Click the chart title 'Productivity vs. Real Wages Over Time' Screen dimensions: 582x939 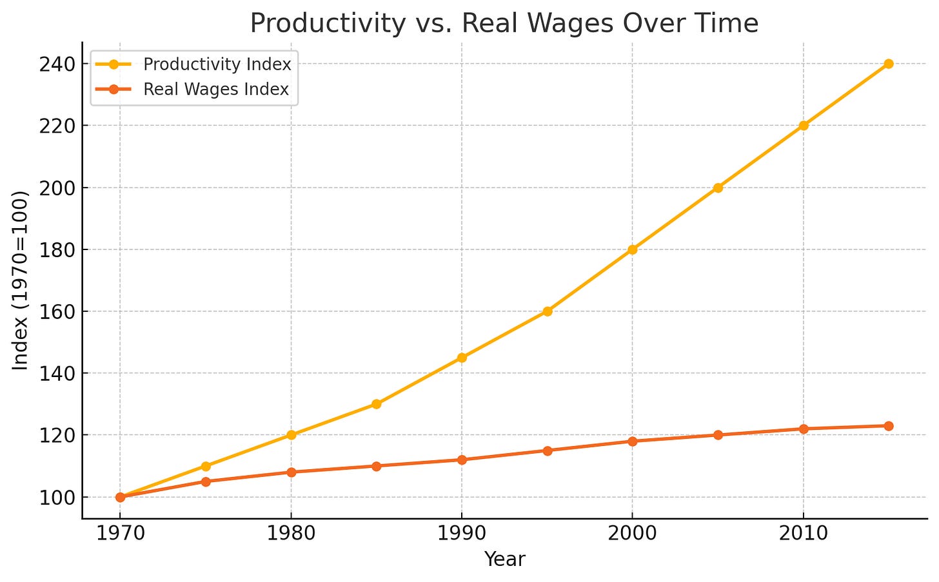pos(504,24)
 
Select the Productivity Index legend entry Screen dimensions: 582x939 pos(217,64)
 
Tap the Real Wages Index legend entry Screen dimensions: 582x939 pos(215,90)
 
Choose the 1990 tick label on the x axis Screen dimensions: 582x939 pos(462,533)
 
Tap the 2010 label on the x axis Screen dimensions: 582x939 pos(803,533)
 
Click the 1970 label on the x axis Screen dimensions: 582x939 pos(120,533)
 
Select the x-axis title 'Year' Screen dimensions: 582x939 pos(504,559)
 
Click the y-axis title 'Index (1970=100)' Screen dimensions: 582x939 pos(21,280)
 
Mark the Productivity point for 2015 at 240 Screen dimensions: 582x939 pos(888,64)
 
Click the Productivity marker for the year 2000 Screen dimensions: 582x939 pos(632,249)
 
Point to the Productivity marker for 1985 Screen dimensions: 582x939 pos(376,404)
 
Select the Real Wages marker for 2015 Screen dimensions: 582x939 pos(888,426)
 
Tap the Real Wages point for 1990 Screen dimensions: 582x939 pos(462,460)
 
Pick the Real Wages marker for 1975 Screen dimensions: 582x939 pos(206,481)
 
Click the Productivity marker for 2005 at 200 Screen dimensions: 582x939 pos(718,188)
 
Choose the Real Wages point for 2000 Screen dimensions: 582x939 pos(632,441)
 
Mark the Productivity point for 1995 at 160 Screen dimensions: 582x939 pos(547,311)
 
